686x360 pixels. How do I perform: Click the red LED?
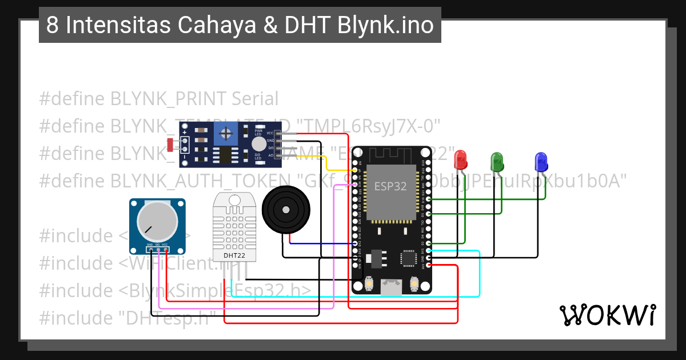tap(460, 159)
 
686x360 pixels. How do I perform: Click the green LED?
tap(497, 161)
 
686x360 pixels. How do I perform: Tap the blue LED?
tap(541, 162)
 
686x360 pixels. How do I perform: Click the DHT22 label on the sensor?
tap(234, 255)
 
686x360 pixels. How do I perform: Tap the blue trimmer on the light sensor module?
tap(227, 135)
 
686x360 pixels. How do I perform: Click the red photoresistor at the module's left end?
tap(171, 145)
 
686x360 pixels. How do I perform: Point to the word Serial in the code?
tap(255, 99)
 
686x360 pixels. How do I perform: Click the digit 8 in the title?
tap(52, 26)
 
